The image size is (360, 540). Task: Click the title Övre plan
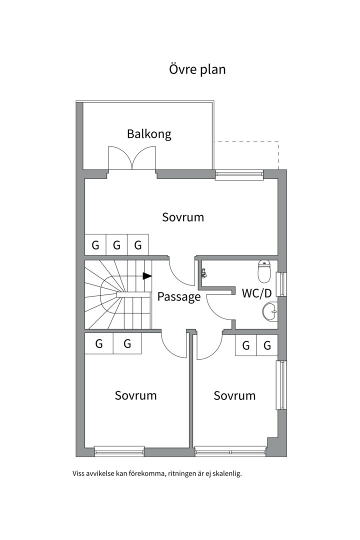click(x=197, y=69)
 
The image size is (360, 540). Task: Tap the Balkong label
click(x=149, y=133)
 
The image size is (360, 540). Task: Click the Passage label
click(x=179, y=296)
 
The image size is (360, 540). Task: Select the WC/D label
click(x=256, y=293)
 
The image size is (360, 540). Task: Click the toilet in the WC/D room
click(x=264, y=271)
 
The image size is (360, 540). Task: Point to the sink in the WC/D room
click(x=269, y=311)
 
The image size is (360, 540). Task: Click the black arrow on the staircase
click(x=147, y=276)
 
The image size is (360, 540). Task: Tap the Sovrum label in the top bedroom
click(x=183, y=217)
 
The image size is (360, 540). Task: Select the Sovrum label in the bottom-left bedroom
click(x=135, y=395)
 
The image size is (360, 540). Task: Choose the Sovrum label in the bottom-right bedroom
click(x=234, y=395)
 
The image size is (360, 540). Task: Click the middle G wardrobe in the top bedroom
click(x=117, y=245)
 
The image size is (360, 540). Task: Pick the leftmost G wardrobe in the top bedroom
click(x=95, y=245)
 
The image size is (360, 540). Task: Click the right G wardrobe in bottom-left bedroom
click(x=127, y=343)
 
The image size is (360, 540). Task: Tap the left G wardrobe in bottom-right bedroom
click(x=246, y=345)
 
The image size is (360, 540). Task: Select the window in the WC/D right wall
click(x=281, y=284)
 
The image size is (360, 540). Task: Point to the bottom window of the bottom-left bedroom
click(x=119, y=451)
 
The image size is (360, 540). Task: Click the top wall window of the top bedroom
click(x=239, y=174)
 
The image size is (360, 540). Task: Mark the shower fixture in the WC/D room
click(x=204, y=274)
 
